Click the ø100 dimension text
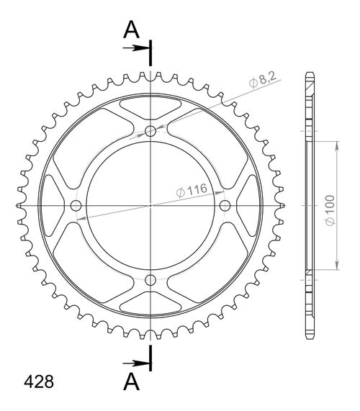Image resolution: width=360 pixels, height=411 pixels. [x=328, y=207]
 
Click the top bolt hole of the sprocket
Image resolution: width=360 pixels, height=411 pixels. [x=150, y=131]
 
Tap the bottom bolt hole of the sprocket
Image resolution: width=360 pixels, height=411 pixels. [x=150, y=280]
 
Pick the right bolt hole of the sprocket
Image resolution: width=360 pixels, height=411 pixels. [x=225, y=206]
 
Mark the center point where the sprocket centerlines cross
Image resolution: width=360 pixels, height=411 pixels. [x=150, y=206]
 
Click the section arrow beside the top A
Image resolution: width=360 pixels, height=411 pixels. [x=136, y=48]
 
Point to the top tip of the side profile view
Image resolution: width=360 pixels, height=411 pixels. [x=310, y=75]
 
